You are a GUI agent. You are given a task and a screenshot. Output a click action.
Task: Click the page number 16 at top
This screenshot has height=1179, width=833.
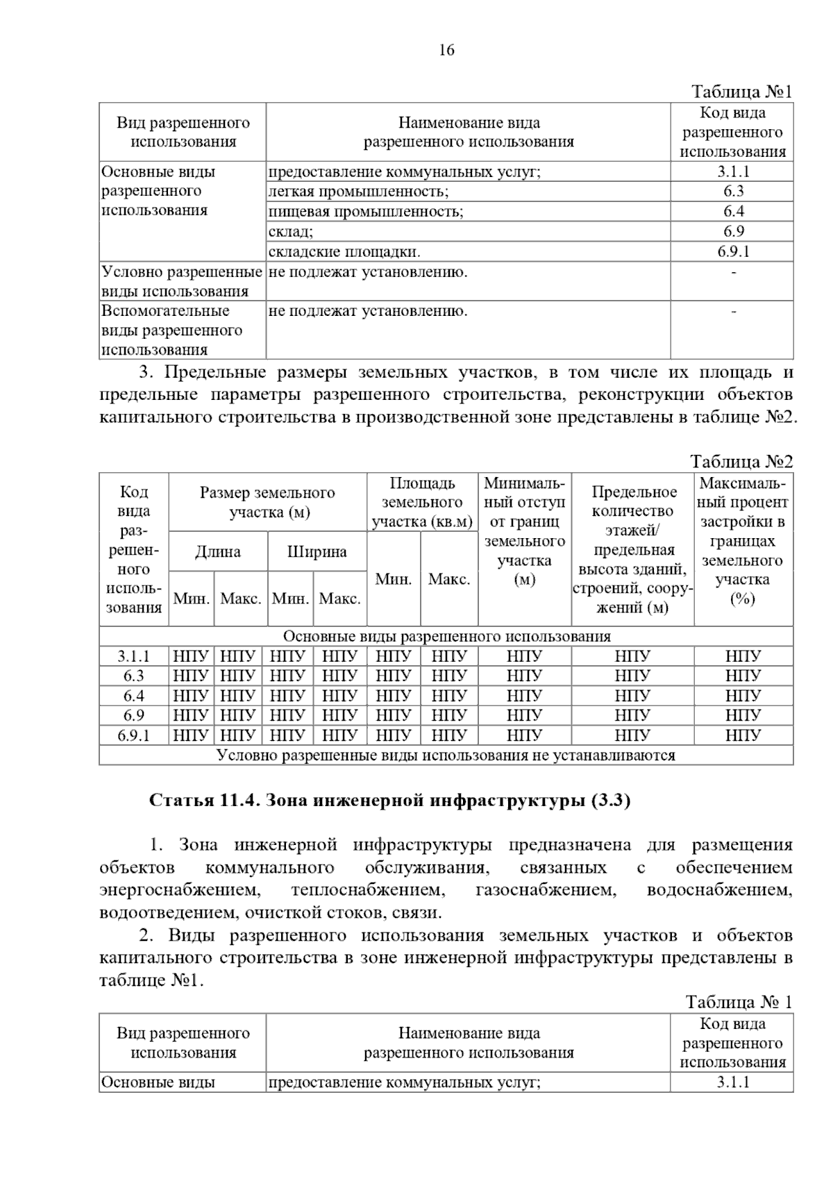446,51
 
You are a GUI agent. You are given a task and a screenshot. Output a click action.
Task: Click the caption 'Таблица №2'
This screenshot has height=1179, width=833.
741,462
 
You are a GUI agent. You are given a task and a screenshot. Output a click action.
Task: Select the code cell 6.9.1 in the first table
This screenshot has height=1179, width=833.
733,251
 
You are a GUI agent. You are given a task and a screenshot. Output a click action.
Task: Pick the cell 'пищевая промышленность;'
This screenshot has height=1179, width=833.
366,212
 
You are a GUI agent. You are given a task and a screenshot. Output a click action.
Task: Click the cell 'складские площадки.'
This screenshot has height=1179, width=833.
344,251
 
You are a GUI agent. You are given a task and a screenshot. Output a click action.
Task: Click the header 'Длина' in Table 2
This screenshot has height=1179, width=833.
217,552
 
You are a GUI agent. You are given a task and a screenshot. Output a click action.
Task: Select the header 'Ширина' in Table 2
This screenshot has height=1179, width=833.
317,552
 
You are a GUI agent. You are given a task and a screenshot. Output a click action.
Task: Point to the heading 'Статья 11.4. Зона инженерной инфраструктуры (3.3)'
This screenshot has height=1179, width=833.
389,801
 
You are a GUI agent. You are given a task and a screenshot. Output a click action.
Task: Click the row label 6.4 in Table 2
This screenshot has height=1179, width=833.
134,696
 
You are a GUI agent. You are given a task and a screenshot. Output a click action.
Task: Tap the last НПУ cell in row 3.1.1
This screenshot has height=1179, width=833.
743,656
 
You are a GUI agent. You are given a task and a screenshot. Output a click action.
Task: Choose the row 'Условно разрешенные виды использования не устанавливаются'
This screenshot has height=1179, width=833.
446,755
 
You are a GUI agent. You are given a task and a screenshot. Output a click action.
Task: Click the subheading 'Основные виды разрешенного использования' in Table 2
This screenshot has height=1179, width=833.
446,636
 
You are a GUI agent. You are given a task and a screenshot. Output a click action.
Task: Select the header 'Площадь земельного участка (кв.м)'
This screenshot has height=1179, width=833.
422,503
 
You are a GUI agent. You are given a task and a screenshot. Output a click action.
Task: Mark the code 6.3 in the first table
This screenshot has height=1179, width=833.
733,192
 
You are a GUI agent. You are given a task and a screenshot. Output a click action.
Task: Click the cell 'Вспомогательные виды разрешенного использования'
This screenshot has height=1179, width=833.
171,330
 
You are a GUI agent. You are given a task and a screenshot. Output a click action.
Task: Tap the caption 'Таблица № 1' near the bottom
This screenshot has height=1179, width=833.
739,1002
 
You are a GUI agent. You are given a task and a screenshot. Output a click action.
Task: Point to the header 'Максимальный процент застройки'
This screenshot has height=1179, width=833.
743,541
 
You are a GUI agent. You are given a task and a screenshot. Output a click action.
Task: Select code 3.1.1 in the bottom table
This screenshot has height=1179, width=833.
733,1082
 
